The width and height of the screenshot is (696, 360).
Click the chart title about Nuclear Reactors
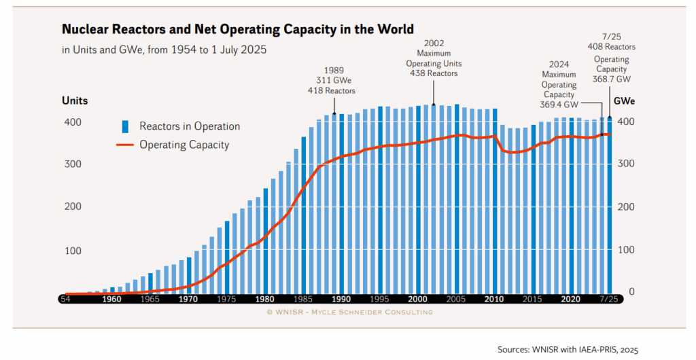238,29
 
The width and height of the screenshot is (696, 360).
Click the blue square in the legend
125,126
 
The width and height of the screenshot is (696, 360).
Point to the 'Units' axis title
75,101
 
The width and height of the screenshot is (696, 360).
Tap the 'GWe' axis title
625,101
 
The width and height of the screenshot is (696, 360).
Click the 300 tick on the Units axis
73,164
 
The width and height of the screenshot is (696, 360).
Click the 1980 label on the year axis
265,299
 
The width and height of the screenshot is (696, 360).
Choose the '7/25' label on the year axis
610,299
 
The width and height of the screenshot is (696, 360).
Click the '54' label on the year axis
66,299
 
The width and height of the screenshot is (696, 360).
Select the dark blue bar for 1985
303,215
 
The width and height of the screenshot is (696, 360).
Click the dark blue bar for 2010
495,200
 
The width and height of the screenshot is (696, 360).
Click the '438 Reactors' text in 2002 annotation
434,73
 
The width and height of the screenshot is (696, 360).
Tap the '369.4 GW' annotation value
560,105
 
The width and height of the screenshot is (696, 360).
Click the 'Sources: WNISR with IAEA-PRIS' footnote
568,349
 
